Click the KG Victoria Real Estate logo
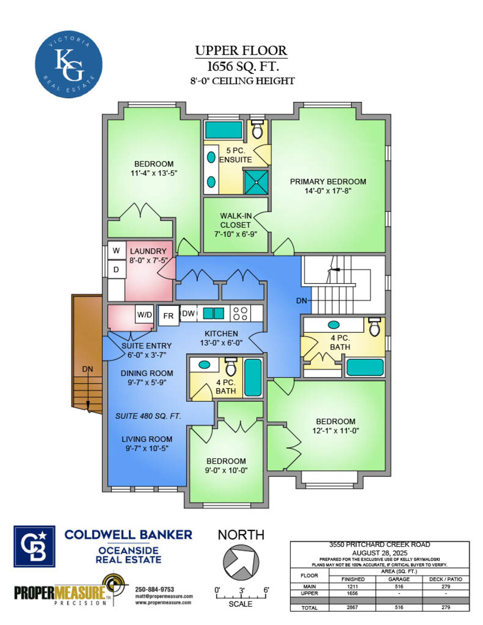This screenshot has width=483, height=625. click(x=69, y=64)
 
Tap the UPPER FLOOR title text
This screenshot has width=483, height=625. click(x=241, y=51)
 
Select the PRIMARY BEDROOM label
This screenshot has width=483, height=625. click(x=328, y=181)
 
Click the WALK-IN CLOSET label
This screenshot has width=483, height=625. click(x=235, y=220)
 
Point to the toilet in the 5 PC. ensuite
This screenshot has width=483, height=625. click(x=257, y=129)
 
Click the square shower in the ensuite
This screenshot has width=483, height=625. click(x=256, y=182)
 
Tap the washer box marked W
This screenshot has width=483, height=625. click(x=117, y=250)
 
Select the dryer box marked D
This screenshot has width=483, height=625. click(x=117, y=269)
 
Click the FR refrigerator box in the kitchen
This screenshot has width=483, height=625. click(x=168, y=316)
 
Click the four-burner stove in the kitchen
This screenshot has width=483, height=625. click(x=241, y=313)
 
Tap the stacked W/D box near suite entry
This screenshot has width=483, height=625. click(x=145, y=314)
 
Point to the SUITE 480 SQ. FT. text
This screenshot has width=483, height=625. click(x=148, y=416)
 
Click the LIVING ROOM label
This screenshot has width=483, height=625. click(x=147, y=439)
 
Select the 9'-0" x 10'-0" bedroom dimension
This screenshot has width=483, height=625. click(x=226, y=470)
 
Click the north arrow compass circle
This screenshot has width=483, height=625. click(x=241, y=562)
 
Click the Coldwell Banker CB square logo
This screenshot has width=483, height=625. click(x=34, y=547)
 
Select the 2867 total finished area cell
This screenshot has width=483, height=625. click(x=352, y=607)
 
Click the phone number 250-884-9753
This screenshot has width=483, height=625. click(x=155, y=589)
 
